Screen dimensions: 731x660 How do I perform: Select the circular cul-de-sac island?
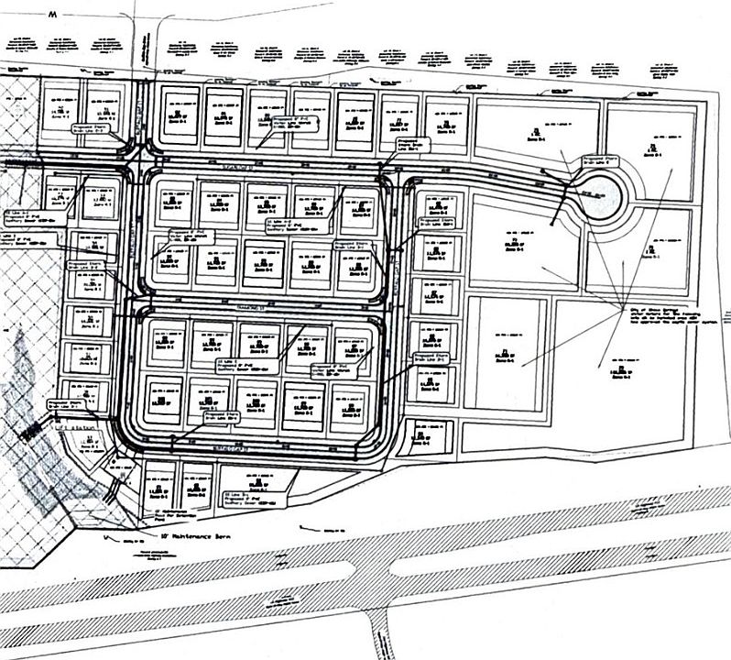[x=600, y=193]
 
